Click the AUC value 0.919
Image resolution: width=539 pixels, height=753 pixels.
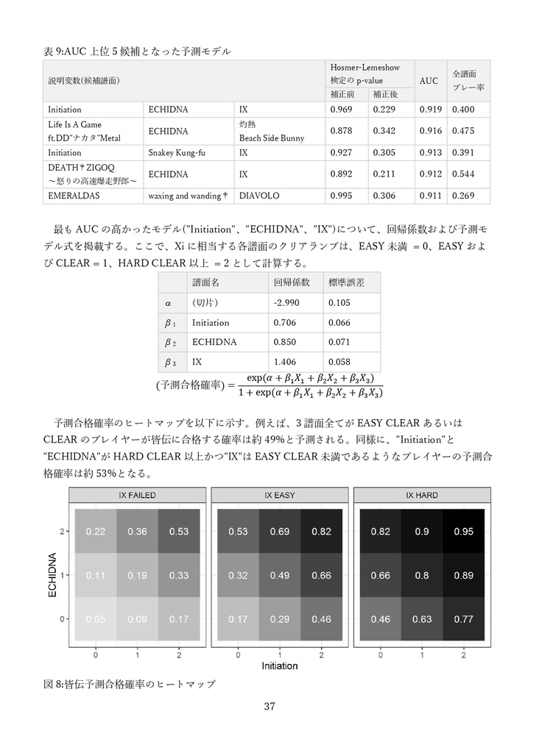431,110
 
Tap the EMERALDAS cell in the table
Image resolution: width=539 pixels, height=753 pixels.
74,196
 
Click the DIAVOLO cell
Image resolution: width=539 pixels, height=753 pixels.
256,196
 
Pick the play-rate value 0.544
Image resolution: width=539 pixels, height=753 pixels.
463,174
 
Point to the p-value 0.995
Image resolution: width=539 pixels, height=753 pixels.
341,196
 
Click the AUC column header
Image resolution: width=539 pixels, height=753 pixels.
429,81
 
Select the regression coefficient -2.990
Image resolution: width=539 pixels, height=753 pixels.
285,303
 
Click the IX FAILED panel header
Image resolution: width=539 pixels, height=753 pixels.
137,496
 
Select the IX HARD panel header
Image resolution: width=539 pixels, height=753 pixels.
422,496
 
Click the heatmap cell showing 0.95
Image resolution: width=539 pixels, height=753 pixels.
463,532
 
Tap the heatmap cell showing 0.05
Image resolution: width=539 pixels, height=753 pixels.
95,619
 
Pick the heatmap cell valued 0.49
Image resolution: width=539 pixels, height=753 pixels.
279,575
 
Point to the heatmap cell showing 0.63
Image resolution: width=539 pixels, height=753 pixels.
422,619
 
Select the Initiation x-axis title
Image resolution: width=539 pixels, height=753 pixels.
280,666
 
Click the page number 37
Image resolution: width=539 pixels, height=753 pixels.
269,707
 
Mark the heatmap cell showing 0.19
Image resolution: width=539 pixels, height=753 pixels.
137,575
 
